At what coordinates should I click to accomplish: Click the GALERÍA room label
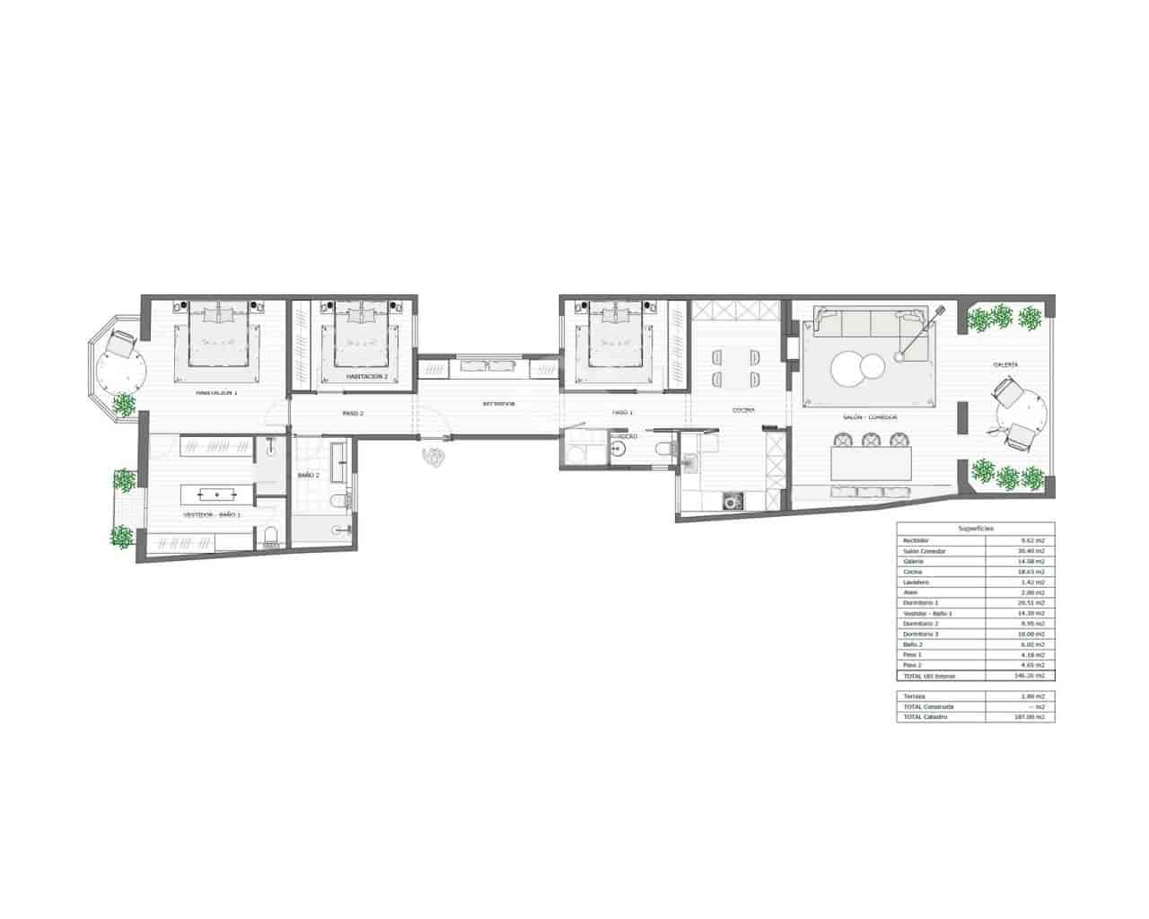point(1004,364)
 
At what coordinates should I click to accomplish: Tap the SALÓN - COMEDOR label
point(870,417)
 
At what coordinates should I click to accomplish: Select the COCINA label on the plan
point(742,410)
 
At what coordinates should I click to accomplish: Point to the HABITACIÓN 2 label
point(366,377)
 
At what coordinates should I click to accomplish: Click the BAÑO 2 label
point(308,475)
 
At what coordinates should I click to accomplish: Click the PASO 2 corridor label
point(352,414)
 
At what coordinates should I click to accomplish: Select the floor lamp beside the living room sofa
point(900,357)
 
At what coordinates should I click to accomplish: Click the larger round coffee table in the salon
point(848,369)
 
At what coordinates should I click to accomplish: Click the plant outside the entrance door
point(434,455)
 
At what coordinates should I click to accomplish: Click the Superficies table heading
point(976,530)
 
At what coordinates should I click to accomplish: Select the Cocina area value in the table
point(1037,572)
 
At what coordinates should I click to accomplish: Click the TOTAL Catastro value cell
point(1037,717)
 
